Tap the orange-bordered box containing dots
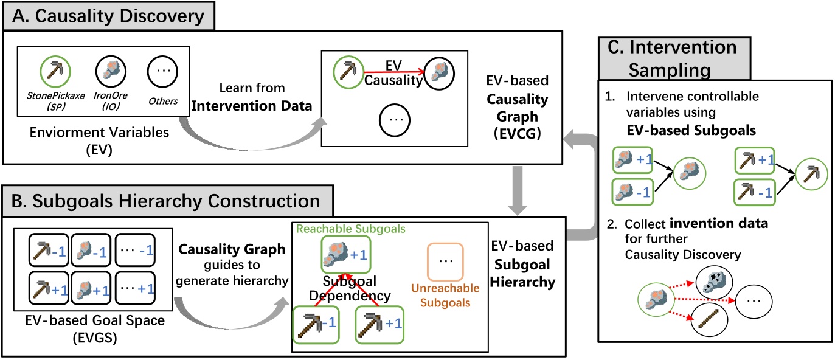point(445,261)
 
